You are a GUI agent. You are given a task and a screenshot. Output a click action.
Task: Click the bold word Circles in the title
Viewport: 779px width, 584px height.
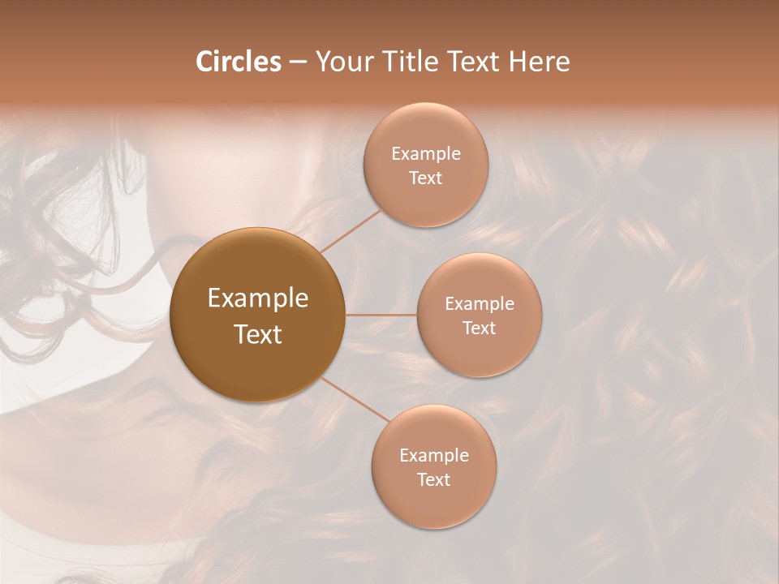[x=239, y=62]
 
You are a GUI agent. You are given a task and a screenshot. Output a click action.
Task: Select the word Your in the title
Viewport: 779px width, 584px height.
[x=340, y=62]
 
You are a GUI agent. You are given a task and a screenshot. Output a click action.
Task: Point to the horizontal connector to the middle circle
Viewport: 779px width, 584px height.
[x=381, y=315]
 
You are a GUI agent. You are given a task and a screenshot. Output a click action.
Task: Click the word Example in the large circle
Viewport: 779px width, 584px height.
[x=258, y=298]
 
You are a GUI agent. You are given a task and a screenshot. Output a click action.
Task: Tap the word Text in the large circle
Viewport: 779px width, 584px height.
[x=258, y=334]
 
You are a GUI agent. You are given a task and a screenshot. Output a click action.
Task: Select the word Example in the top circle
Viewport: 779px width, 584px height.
[x=426, y=154]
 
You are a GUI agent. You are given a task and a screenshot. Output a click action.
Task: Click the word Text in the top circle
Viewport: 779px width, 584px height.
[x=425, y=178]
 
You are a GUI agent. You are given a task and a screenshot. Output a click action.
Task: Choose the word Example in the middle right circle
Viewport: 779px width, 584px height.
[x=480, y=304]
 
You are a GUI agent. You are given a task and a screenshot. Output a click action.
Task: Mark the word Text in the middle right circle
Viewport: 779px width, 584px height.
[x=479, y=328]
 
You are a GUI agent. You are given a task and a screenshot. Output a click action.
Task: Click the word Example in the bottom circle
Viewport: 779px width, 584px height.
[x=434, y=456]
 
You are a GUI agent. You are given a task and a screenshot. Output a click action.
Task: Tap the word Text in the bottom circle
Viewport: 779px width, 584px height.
[x=433, y=480]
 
